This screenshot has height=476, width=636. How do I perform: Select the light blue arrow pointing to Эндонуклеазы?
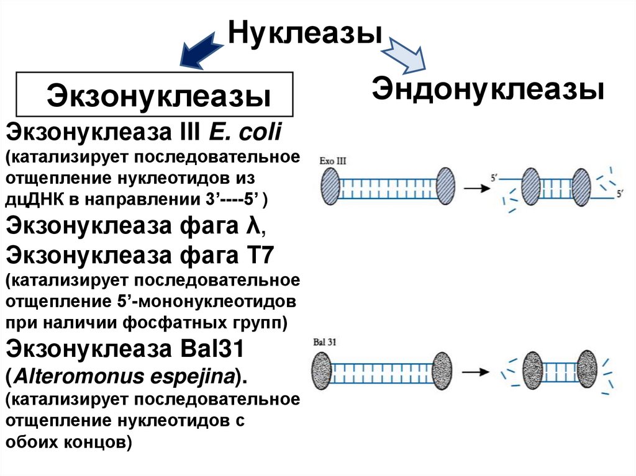[406, 55]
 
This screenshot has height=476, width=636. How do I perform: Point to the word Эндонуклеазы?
[488, 89]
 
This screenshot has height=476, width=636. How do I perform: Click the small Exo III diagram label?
[333, 161]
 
